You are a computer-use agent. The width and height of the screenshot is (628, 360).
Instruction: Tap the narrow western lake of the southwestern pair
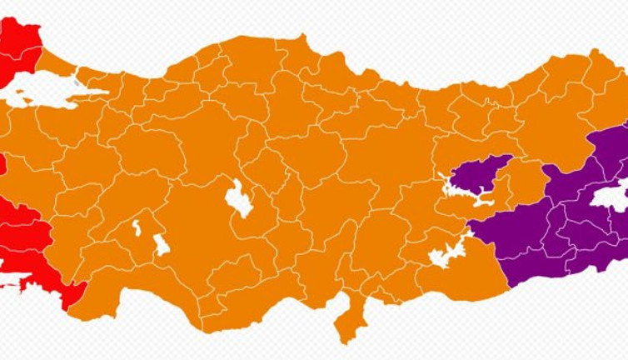137,227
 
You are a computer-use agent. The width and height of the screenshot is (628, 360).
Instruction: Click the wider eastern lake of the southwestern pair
161,245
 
